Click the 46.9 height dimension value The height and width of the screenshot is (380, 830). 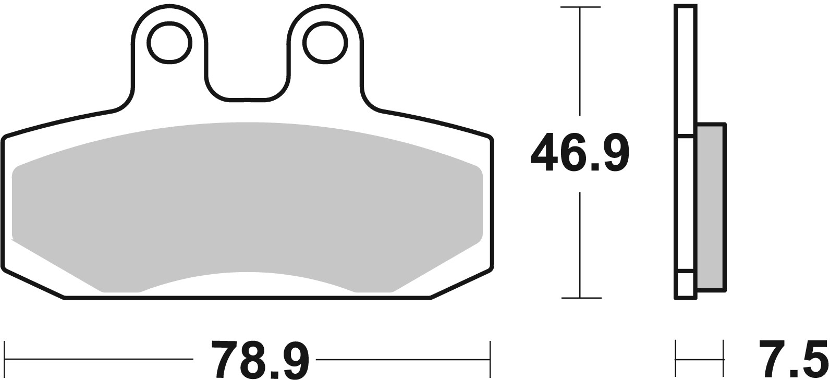(x=579, y=153)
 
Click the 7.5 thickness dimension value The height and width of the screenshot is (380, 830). (x=792, y=359)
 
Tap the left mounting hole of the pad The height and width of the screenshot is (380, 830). (x=169, y=43)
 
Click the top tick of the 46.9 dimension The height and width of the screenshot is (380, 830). (x=580, y=7)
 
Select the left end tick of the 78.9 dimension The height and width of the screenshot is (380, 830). (x=5, y=359)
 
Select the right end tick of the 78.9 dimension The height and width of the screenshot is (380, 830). (x=490, y=359)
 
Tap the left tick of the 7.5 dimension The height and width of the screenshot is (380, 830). (x=677, y=359)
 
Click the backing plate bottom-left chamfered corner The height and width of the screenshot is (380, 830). (x=31, y=284)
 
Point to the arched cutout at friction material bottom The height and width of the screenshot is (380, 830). (x=247, y=279)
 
